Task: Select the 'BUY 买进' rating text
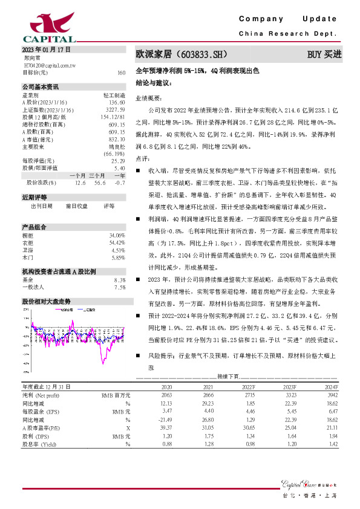pos(324,55)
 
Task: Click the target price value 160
pos(121,73)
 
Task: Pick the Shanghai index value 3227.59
pos(116,109)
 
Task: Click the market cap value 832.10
pos(117,138)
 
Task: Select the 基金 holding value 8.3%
pos(119,280)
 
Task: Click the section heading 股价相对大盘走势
pos(46,300)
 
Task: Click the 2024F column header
pos(330,386)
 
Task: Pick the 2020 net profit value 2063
pos(166,394)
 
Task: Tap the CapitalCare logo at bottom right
pos(307,482)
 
